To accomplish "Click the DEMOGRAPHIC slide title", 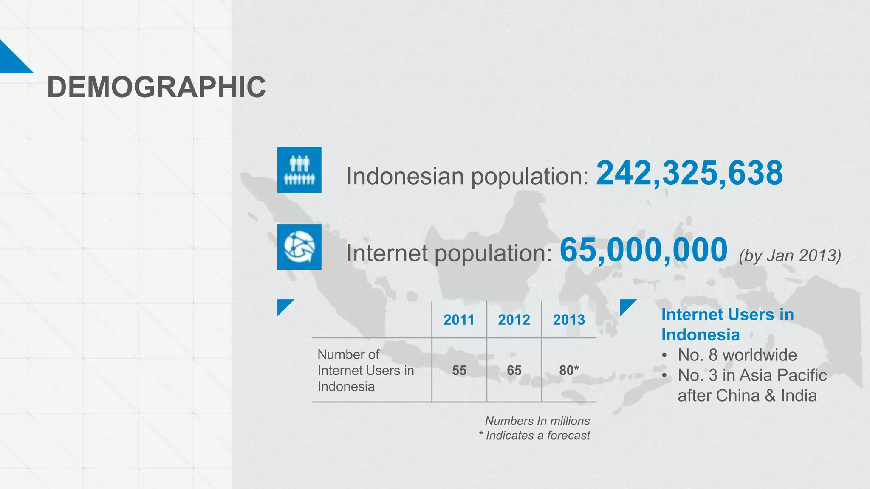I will pyautogui.click(x=156, y=87).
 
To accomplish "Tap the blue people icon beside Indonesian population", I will pyautogui.click(x=299, y=170).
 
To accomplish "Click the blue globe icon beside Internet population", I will pyautogui.click(x=299, y=247).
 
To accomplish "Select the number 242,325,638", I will pyautogui.click(x=689, y=173).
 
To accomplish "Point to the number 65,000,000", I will pyautogui.click(x=643, y=250).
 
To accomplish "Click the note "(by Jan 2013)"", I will pyautogui.click(x=790, y=256).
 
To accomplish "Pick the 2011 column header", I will pyautogui.click(x=459, y=320).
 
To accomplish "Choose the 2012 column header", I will pyautogui.click(x=514, y=320).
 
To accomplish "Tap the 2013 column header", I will pyautogui.click(x=569, y=320).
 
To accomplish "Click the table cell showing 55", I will pyautogui.click(x=459, y=370).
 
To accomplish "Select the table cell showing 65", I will pyautogui.click(x=514, y=370).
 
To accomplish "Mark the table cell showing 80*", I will pyautogui.click(x=569, y=370).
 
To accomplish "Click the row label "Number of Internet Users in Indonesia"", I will pyautogui.click(x=365, y=370).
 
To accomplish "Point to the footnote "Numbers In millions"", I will pyautogui.click(x=537, y=421).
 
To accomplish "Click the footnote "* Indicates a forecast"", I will pyautogui.click(x=534, y=436).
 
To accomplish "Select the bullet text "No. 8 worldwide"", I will pyautogui.click(x=737, y=355).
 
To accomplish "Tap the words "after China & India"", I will pyautogui.click(x=747, y=396).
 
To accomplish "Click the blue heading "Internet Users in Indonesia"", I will pyautogui.click(x=727, y=324).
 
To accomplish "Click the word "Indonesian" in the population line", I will pyautogui.click(x=405, y=176).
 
